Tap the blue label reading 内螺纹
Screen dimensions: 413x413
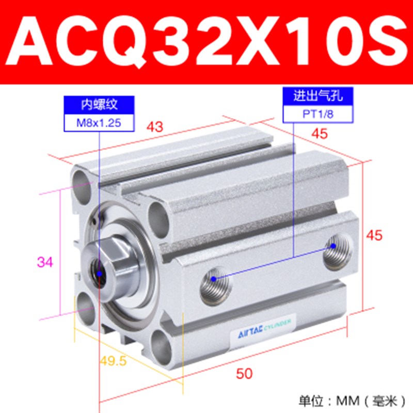pos(99,105)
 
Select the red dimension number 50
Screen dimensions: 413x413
pos(245,374)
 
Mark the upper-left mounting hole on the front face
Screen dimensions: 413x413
pos(83,184)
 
